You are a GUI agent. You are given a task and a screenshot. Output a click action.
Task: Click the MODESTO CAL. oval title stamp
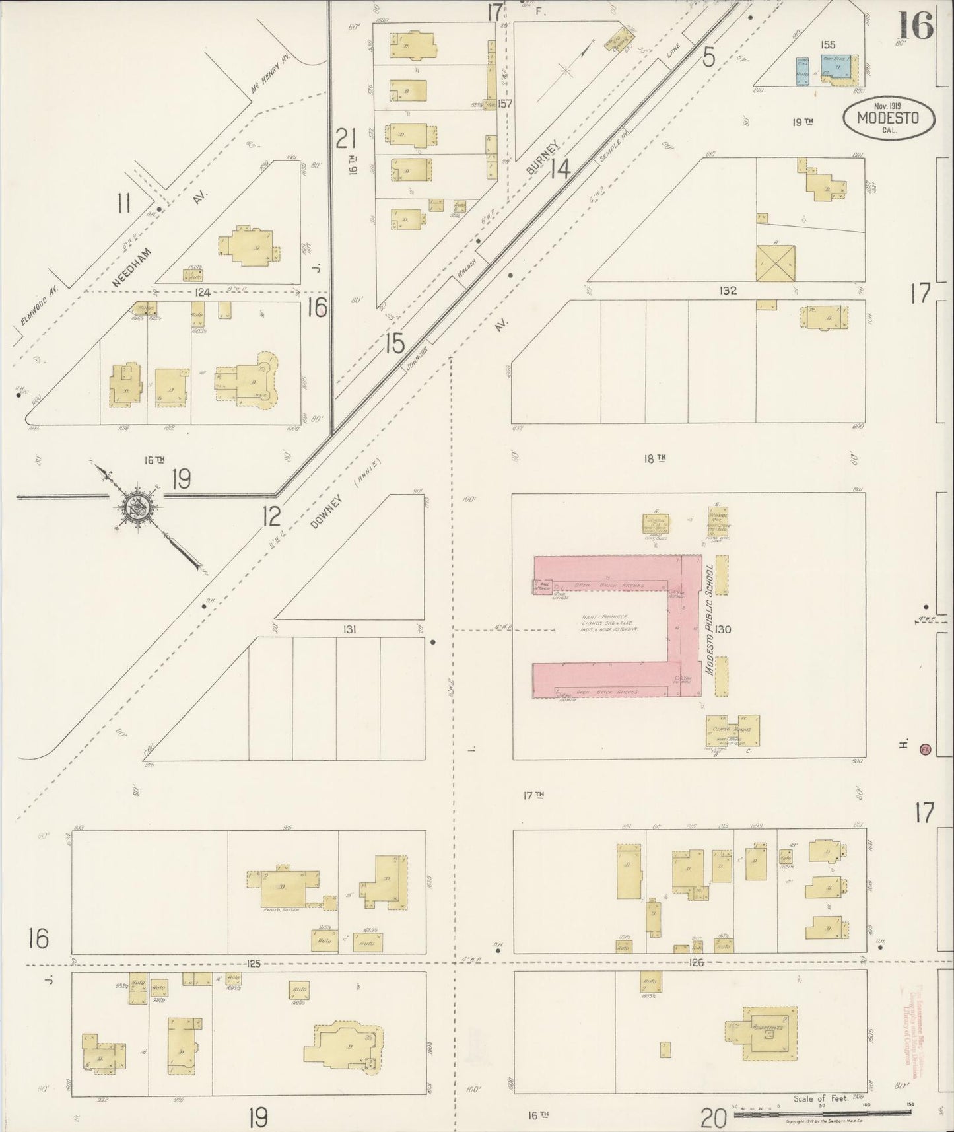tap(889, 118)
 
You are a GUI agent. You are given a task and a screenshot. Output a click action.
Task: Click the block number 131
tap(349, 629)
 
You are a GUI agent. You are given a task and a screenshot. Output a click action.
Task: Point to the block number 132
tap(728, 290)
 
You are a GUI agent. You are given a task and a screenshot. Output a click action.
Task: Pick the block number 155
tap(827, 45)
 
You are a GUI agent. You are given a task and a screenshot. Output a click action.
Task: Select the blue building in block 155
tap(835, 67)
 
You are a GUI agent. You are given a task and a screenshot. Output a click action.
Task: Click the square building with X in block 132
tap(776, 263)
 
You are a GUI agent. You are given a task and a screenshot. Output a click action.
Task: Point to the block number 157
tap(505, 104)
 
